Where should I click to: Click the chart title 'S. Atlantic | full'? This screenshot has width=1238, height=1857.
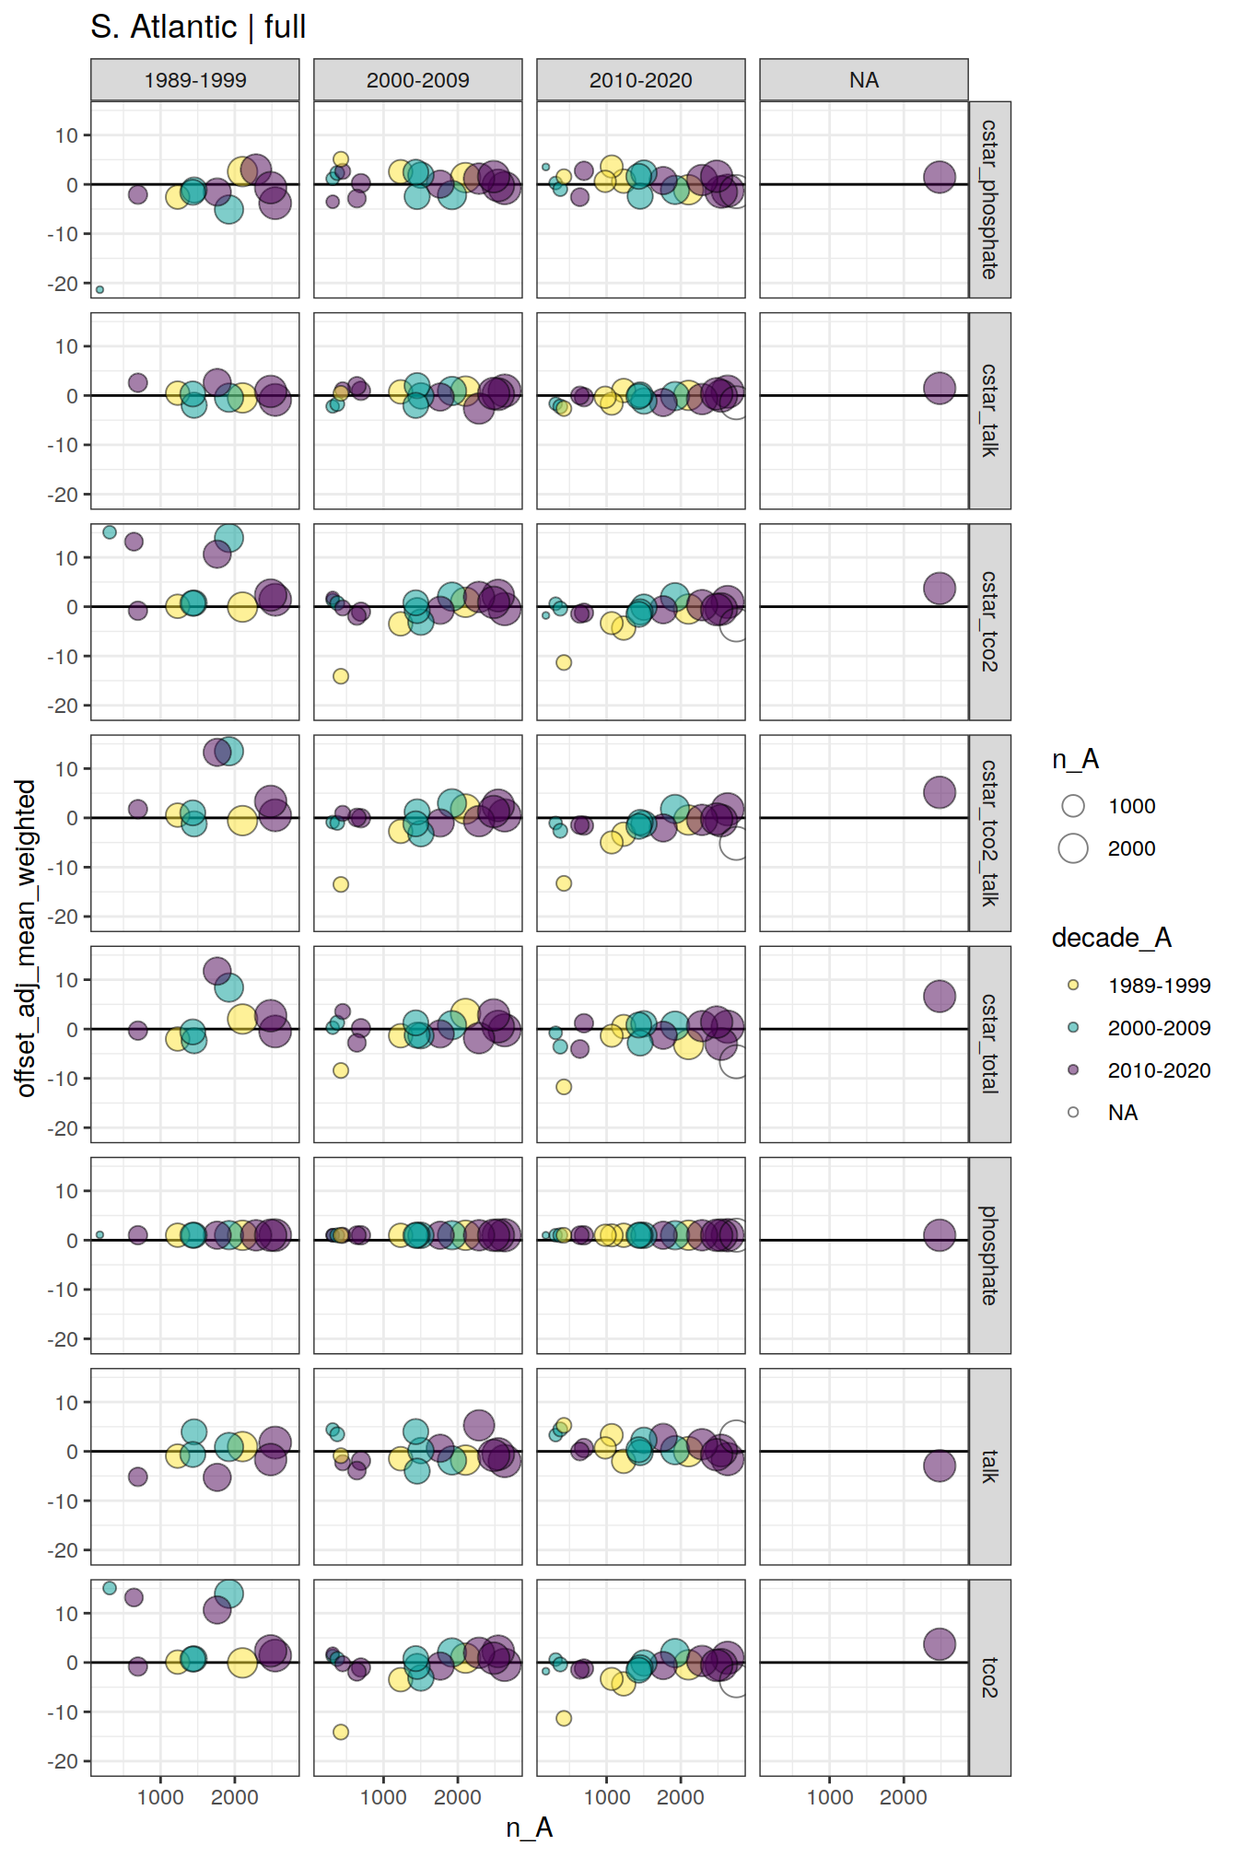coord(198,27)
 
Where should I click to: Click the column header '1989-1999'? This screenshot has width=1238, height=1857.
coord(194,80)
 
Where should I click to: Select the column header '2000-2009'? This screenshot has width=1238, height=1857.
coord(417,80)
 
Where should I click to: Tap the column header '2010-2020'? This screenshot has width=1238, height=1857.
coord(640,80)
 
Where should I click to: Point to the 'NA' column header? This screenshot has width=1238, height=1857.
coord(863,80)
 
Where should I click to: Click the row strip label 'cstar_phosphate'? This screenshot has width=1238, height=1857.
coord(989,199)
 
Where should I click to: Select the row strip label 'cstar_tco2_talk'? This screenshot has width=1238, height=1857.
coord(989,833)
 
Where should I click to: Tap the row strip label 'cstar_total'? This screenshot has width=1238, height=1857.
coord(989,1044)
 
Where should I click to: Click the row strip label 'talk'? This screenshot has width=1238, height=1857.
coord(989,1466)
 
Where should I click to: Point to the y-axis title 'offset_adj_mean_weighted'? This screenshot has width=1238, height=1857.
coord(26,938)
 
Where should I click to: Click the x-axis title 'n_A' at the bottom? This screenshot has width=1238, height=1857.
coord(529,1828)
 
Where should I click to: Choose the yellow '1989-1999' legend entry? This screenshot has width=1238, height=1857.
coord(1073,985)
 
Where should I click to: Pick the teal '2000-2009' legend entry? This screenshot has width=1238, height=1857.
coord(1073,1027)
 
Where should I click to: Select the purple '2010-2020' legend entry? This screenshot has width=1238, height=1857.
coord(1073,1069)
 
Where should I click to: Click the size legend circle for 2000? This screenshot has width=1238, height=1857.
coord(1073,848)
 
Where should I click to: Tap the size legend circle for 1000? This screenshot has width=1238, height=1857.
coord(1073,806)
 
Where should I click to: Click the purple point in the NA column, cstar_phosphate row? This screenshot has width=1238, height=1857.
coord(939,177)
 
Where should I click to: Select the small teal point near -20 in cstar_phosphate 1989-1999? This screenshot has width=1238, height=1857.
coord(99,289)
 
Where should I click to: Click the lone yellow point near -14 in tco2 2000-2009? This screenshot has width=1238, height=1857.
coord(341,1732)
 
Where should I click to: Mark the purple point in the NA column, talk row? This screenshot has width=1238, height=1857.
coord(939,1466)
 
